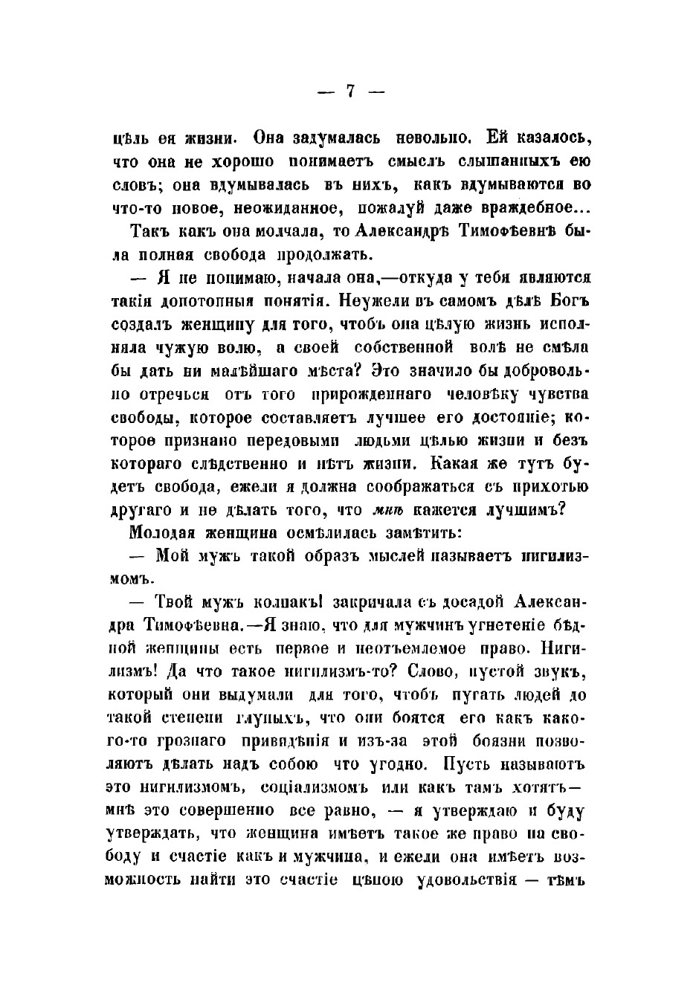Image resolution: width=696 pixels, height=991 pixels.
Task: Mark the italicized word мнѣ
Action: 388,511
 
